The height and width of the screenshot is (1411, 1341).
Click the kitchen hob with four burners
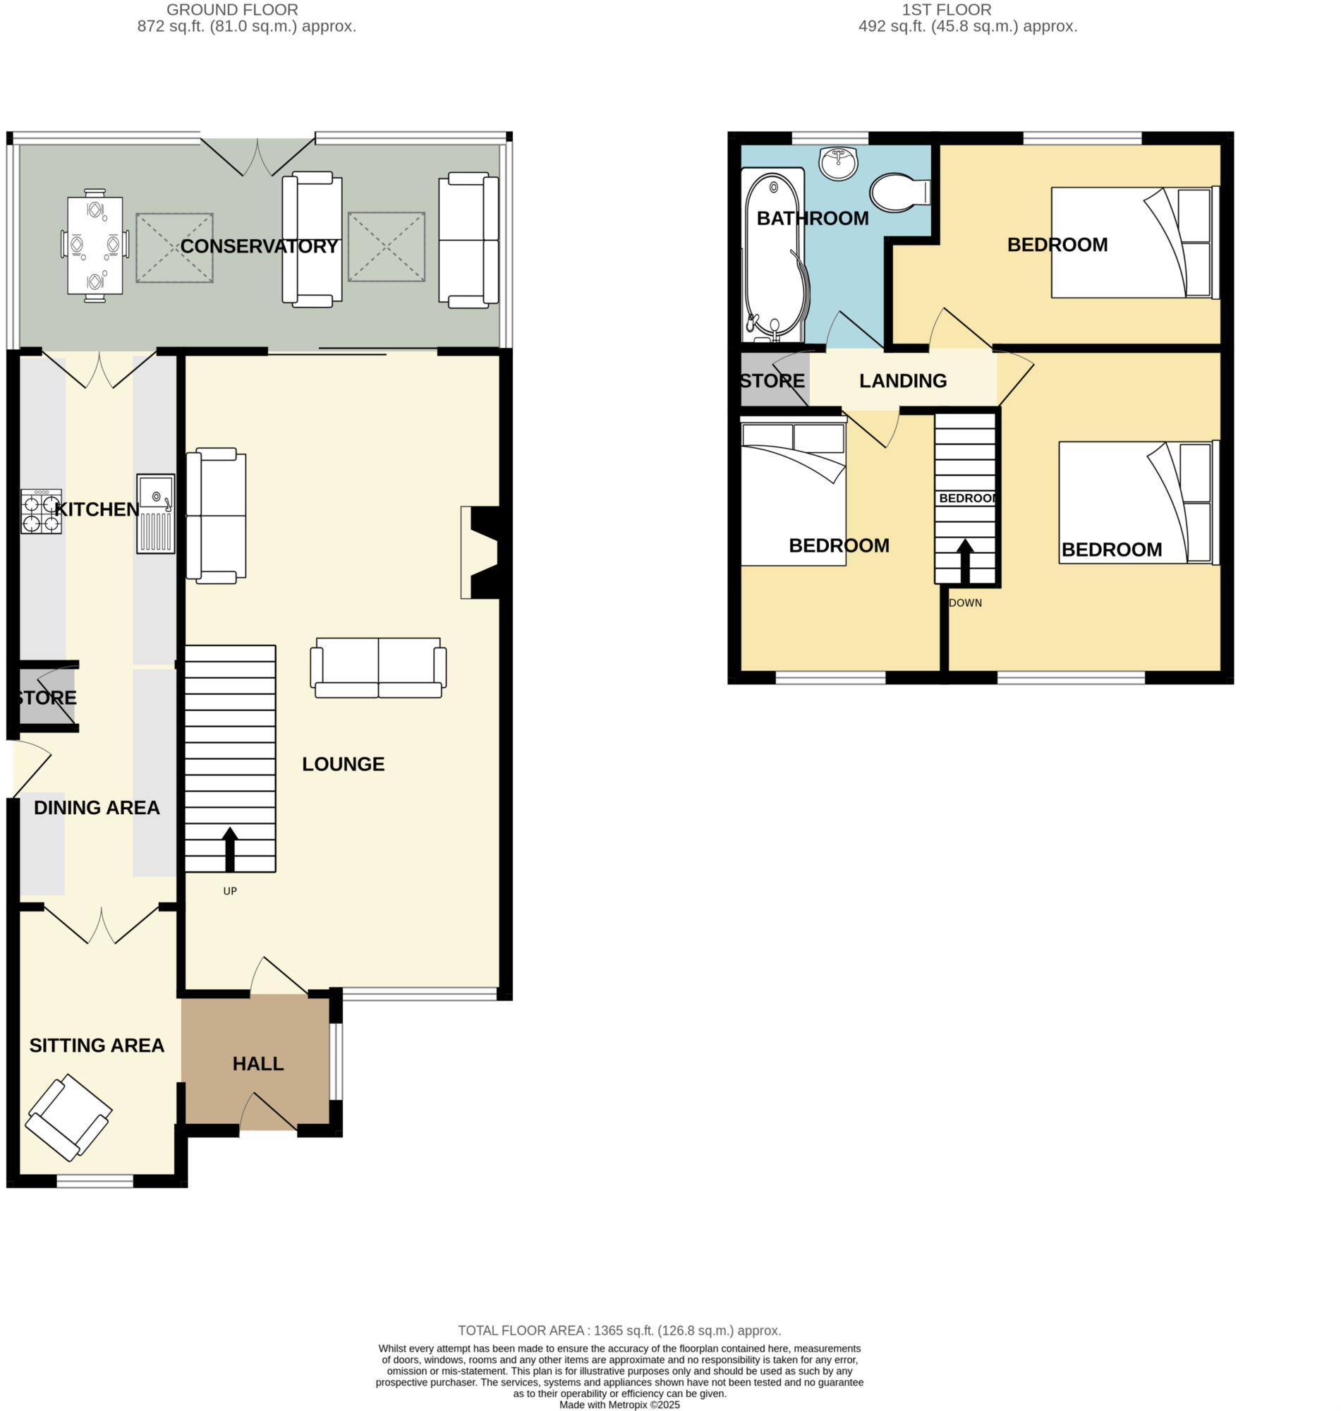[41, 511]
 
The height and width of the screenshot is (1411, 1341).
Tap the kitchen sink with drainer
[156, 513]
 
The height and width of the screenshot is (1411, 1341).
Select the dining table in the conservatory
[95, 246]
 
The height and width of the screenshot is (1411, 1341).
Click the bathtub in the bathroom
[774, 254]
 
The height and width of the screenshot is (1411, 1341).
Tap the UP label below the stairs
[229, 890]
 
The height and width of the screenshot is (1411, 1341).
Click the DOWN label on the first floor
[965, 602]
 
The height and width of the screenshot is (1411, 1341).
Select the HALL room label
[258, 1064]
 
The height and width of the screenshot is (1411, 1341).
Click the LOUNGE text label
[343, 764]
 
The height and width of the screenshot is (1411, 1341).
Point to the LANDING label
[903, 381]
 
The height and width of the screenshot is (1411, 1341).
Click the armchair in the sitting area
[68, 1118]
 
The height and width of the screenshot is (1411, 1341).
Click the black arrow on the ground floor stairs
[229, 849]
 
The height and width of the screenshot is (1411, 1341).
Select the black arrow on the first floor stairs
[965, 561]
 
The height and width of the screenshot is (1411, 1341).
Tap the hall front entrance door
[268, 1112]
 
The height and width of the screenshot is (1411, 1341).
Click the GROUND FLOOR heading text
[232, 10]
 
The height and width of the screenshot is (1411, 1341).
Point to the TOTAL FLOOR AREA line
[619, 1331]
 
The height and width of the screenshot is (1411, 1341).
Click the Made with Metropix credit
[619, 1405]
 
